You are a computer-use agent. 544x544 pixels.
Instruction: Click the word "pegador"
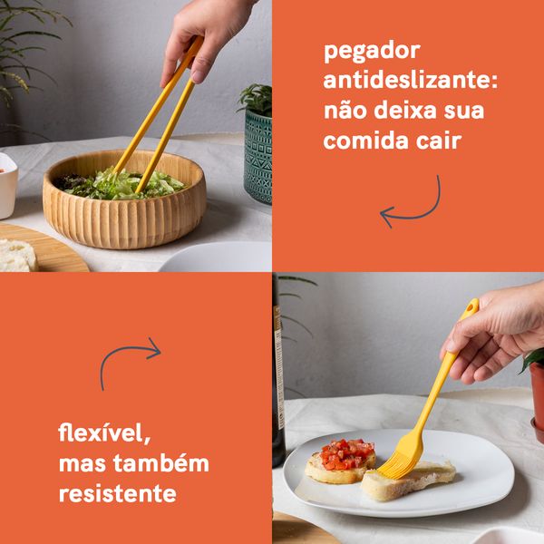click(x=363, y=52)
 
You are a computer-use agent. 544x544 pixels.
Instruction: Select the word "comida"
click(x=364, y=141)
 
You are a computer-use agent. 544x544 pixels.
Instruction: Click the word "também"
click(x=166, y=462)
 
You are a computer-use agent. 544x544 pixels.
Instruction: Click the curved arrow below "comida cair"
click(x=412, y=205)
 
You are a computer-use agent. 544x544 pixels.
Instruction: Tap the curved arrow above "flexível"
click(x=129, y=359)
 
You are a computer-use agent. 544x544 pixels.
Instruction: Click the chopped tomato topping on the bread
click(x=346, y=452)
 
